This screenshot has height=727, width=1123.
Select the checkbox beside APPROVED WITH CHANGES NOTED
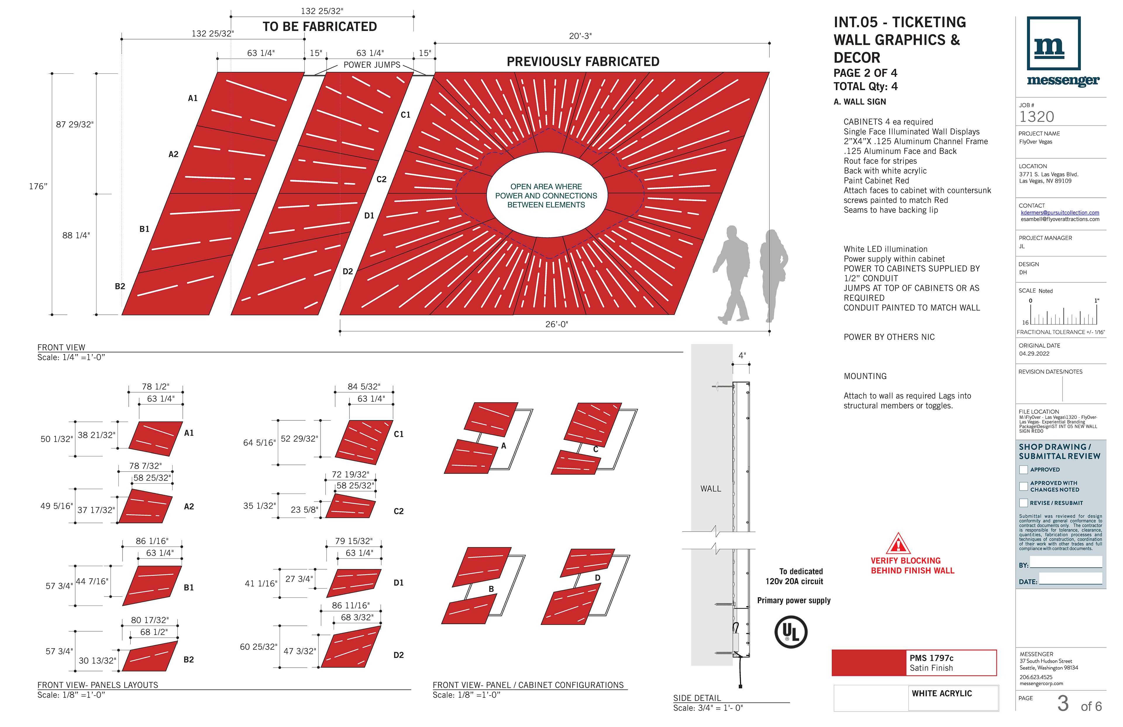pyautogui.click(x=1024, y=486)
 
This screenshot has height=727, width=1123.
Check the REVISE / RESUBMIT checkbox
pyautogui.click(x=1024, y=503)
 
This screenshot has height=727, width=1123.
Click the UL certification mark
pyautogui.click(x=791, y=632)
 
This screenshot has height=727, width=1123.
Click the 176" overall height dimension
pyautogui.click(x=38, y=186)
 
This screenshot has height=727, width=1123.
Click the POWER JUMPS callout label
pyautogui.click(x=372, y=65)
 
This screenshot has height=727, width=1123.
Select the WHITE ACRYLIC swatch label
pyautogui.click(x=941, y=693)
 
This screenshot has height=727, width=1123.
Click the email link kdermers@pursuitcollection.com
pyautogui.click(x=1060, y=212)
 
